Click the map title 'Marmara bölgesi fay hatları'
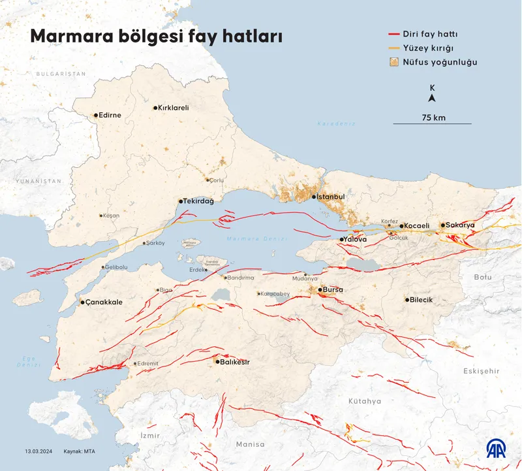pos(157,37)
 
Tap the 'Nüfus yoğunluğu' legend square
pos(394,63)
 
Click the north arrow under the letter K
pos(432,99)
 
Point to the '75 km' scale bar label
pos(433,118)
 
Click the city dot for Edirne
pos(96,116)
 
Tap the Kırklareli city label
pos(174,108)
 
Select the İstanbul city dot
pos(314,197)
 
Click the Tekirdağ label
pos(199,201)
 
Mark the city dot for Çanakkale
pos(82,302)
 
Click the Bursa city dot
pos(318,289)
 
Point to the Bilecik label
pos(422,300)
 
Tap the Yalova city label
pos(356,240)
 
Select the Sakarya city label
pos(461,225)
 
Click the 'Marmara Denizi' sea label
pos(256,239)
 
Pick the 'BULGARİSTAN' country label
pos(61,74)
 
